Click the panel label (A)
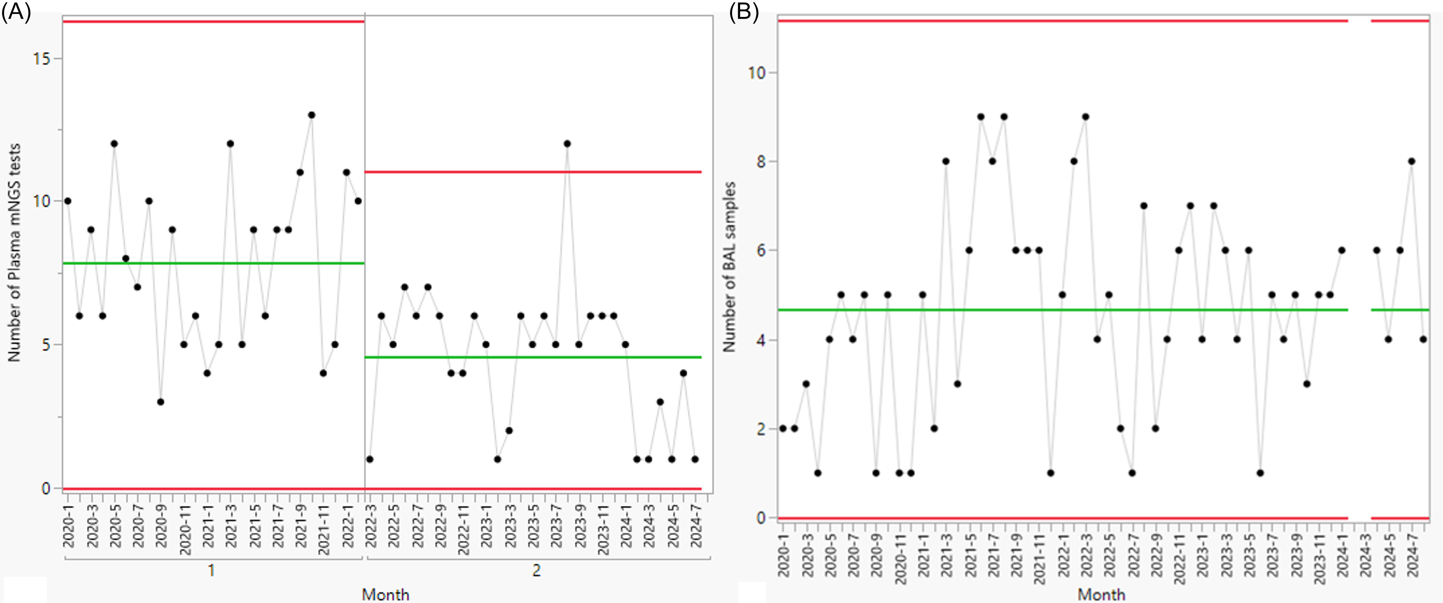[x=16, y=11]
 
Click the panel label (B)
[x=744, y=11]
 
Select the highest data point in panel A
[x=311, y=115]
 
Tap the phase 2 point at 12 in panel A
[x=567, y=143]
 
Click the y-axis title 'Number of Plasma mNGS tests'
[x=14, y=252]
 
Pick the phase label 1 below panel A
[x=211, y=570]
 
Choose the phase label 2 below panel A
[x=537, y=570]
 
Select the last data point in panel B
[x=1423, y=339]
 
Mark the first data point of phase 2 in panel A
[x=370, y=459]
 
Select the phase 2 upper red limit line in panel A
[x=533, y=172]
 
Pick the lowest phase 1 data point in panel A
[x=160, y=402]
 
